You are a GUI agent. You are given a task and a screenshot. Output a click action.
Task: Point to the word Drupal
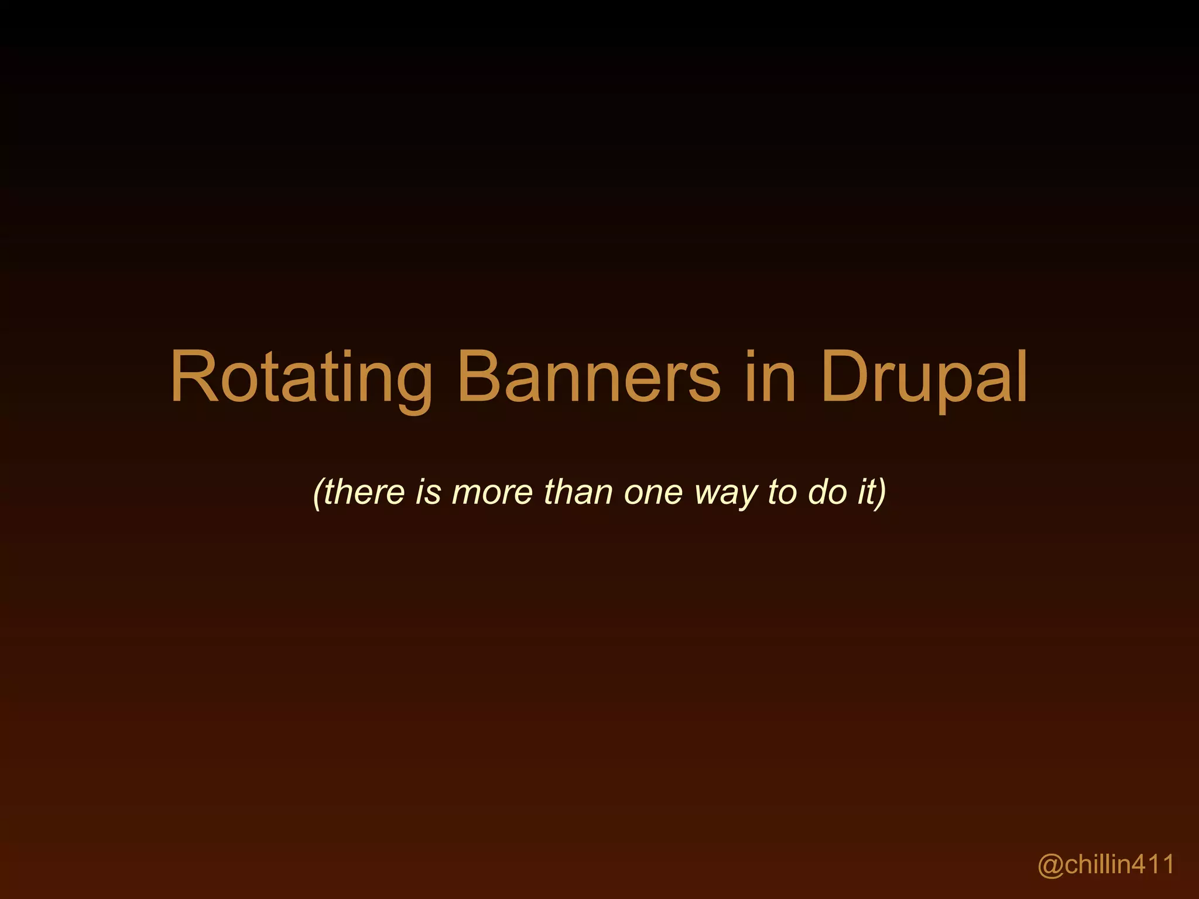(x=924, y=378)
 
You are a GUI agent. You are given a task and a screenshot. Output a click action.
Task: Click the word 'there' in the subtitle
(x=364, y=492)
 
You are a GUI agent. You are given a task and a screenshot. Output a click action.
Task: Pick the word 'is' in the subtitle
(x=428, y=492)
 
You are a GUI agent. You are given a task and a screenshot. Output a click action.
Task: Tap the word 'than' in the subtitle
(x=578, y=492)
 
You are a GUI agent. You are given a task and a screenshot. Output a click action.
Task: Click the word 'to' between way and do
(x=782, y=492)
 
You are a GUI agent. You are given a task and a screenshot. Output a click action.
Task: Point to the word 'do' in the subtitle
(x=827, y=492)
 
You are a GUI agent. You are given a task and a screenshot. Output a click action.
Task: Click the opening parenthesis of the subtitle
(x=317, y=493)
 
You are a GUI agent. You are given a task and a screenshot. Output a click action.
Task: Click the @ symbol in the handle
(x=1051, y=864)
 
